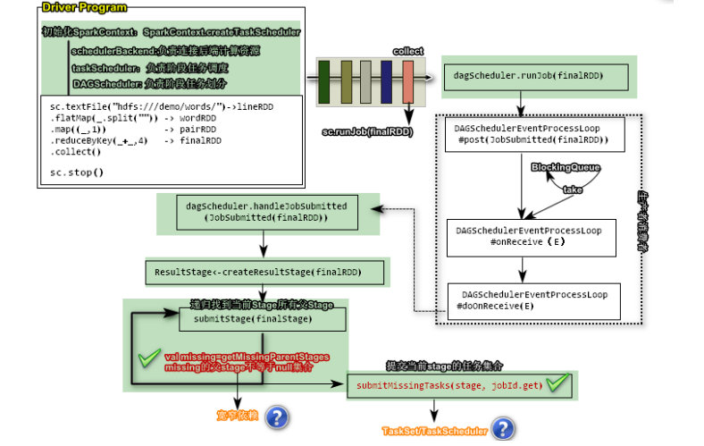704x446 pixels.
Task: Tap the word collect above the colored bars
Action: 408,51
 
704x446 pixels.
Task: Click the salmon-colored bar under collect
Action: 408,82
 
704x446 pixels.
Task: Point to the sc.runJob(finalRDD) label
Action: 367,132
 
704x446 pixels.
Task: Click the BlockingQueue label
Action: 566,167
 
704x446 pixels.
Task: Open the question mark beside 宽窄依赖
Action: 277,417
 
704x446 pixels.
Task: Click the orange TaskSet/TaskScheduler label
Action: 434,431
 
